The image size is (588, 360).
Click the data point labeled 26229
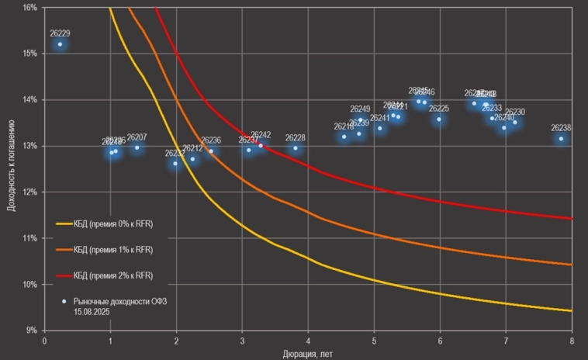(60, 44)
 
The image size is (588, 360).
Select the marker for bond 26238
(561, 139)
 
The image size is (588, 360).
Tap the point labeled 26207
(137, 147)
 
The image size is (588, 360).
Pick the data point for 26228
(295, 148)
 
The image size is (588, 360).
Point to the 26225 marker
(439, 119)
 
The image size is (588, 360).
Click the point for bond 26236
(211, 151)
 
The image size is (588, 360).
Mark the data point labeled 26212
(192, 159)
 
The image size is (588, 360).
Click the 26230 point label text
(514, 112)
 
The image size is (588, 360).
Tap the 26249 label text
(360, 109)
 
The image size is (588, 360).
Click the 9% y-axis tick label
(32, 331)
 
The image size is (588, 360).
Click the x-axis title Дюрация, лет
(308, 354)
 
